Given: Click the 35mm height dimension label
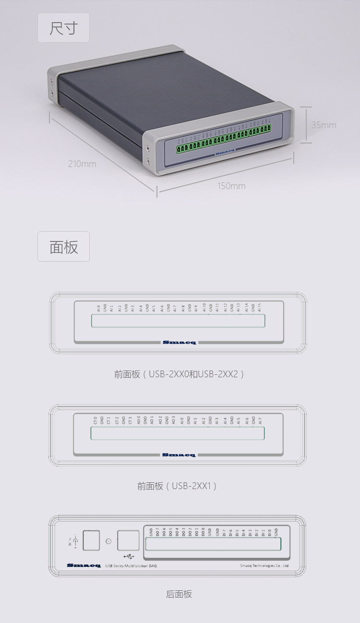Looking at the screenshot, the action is (x=324, y=125).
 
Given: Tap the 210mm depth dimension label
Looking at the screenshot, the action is (x=82, y=164).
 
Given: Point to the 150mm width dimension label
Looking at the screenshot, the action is (x=231, y=186).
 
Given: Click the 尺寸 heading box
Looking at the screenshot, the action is (x=63, y=28).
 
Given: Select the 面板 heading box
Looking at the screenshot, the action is (x=63, y=247).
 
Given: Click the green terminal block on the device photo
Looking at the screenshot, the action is (x=223, y=139).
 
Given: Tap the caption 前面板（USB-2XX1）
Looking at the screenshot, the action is (x=177, y=486).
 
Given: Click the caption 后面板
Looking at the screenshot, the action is (x=179, y=594).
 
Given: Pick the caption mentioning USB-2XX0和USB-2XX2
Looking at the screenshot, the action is (x=180, y=373).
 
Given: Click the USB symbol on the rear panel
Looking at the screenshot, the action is (x=128, y=556).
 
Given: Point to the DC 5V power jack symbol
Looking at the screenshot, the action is (x=74, y=541).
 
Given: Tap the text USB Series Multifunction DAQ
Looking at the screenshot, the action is (x=131, y=566).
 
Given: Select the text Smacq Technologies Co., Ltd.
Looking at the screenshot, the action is (x=264, y=566).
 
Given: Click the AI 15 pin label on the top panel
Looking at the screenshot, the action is (x=259, y=307).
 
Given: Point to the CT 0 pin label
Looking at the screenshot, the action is (x=95, y=420).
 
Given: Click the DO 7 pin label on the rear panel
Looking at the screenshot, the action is (x=157, y=532).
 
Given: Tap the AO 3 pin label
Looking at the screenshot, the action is (x=173, y=420).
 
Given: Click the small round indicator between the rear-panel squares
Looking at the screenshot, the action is (x=108, y=541).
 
